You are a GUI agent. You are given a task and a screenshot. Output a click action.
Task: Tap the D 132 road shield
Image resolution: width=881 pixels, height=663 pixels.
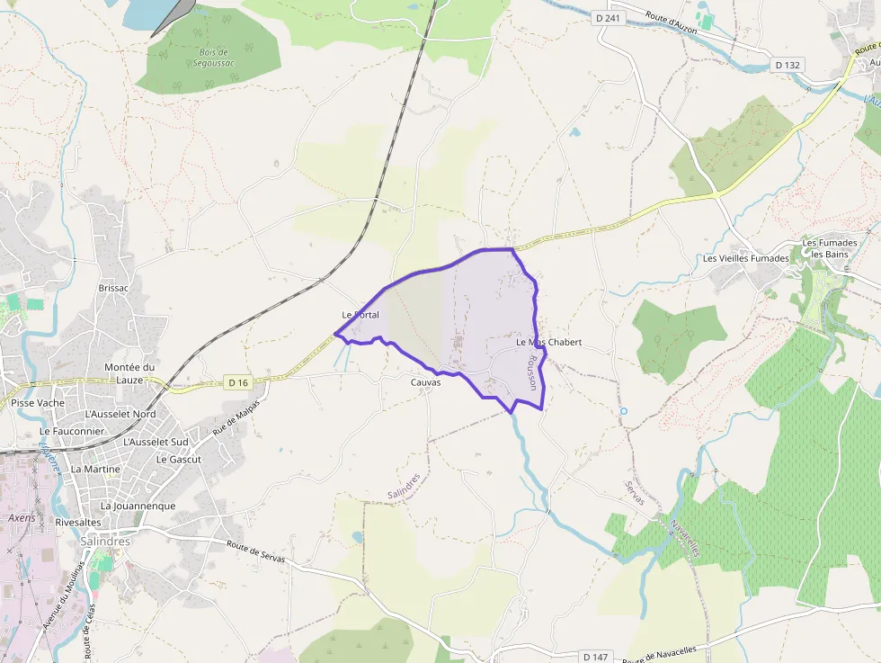(x=788, y=65)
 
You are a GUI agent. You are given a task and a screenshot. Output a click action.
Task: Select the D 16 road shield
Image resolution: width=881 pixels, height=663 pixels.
(x=237, y=382)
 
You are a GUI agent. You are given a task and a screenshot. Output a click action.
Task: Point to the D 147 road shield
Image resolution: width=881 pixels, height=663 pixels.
(x=595, y=656)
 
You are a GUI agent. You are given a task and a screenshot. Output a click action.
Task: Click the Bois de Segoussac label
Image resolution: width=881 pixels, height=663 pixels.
(x=213, y=58)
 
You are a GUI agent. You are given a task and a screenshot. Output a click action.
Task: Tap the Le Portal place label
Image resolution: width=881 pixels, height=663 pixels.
(x=360, y=315)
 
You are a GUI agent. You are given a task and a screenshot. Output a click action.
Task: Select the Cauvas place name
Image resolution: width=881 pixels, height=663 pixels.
(x=425, y=382)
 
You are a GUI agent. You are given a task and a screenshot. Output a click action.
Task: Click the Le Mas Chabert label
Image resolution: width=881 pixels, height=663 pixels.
(x=548, y=343)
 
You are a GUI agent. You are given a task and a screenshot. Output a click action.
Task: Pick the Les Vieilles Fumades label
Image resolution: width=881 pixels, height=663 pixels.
(x=746, y=259)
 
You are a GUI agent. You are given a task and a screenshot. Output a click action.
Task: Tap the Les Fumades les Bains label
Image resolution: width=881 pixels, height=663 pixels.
(x=825, y=248)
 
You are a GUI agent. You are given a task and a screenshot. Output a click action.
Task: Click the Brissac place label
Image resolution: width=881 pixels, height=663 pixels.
(x=113, y=288)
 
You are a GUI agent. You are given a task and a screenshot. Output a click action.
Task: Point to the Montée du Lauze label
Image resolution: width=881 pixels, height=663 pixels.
(x=129, y=373)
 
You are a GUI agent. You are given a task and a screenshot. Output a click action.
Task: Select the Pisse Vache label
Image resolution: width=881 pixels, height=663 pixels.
(x=38, y=403)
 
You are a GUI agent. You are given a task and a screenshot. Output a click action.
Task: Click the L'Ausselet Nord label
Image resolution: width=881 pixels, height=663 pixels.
(x=120, y=414)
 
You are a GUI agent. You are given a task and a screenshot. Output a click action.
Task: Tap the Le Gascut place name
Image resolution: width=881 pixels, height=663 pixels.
(x=179, y=459)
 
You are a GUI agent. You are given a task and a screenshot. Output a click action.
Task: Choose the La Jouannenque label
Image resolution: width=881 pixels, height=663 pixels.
(x=138, y=506)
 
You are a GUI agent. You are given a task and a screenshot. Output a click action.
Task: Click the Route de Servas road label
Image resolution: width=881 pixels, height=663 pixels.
(x=256, y=551)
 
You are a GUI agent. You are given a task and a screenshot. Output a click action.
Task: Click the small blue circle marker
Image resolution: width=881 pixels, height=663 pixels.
(x=623, y=411)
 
